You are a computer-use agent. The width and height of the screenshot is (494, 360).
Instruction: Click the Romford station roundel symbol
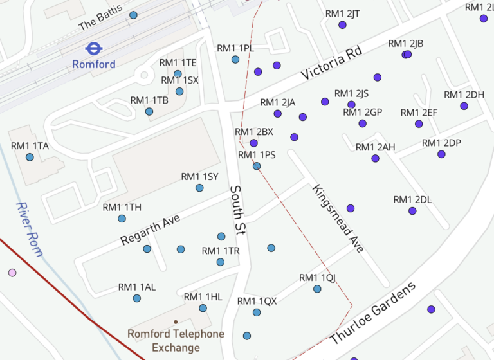click(x=94, y=48)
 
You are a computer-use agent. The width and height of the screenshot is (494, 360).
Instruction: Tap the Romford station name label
click(x=94, y=64)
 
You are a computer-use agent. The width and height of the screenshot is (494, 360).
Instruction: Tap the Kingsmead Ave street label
click(x=338, y=218)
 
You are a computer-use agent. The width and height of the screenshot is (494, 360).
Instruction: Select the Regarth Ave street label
click(x=151, y=230)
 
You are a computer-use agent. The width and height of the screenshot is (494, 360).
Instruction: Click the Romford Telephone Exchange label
click(x=176, y=341)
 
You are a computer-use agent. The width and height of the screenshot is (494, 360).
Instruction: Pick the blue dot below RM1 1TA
click(x=30, y=157)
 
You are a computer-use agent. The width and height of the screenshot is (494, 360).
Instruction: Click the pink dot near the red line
click(x=12, y=273)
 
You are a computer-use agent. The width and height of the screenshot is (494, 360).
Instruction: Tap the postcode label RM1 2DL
click(x=412, y=199)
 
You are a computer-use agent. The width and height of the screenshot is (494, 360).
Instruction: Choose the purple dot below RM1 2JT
click(x=342, y=25)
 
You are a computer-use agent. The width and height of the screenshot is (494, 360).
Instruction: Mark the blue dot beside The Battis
click(x=133, y=15)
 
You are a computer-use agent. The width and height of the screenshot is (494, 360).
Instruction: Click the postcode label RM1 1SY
click(x=199, y=176)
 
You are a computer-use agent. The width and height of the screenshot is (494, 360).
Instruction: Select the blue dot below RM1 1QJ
click(x=317, y=289)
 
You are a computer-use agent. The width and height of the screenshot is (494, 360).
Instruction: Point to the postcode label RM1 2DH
click(x=464, y=94)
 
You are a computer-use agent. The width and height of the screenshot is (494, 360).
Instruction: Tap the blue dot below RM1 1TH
click(x=122, y=219)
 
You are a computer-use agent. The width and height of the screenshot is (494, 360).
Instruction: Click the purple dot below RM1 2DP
click(x=441, y=154)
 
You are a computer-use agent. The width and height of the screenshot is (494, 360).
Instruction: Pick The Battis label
click(x=100, y=20)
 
